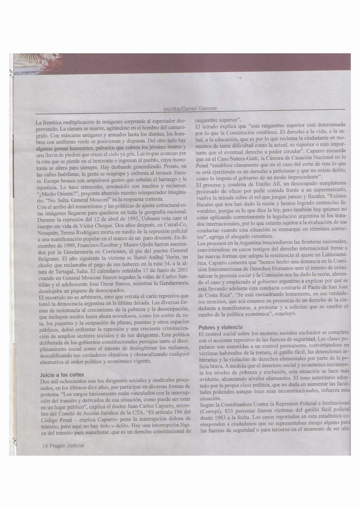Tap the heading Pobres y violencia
[x=220, y=327]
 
